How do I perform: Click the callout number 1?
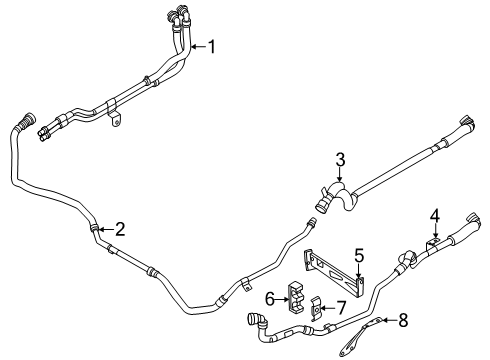[212, 47]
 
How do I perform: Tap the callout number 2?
[120, 229]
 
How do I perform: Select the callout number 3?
[340, 160]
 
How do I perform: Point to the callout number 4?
[434, 216]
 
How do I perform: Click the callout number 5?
[359, 256]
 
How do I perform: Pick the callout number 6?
[270, 299]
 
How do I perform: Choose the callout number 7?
[341, 308]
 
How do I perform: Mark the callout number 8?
[403, 320]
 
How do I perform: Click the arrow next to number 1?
[199, 47]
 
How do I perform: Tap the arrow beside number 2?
[106, 229]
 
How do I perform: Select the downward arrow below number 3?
[340, 175]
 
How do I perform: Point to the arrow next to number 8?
[389, 320]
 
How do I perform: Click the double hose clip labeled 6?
[296, 298]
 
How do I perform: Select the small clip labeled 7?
[316, 309]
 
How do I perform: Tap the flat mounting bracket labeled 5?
[333, 272]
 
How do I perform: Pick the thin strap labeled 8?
[359, 335]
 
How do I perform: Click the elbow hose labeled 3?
[336, 196]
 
